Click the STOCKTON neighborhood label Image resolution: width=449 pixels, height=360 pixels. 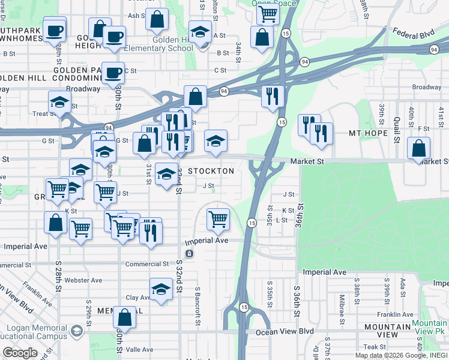pyautogui.click(x=211, y=171)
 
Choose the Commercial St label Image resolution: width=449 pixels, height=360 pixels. pyautogui.click(x=147, y=264)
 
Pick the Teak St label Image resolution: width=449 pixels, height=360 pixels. pyautogui.click(x=373, y=347)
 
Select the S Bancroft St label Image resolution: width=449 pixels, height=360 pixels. pyautogui.click(x=197, y=306)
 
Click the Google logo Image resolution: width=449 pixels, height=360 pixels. pyautogui.click(x=20, y=353)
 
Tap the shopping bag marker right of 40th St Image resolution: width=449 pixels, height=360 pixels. pyautogui.click(x=418, y=148)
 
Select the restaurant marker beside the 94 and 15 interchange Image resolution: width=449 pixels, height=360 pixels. pyautogui.click(x=273, y=95)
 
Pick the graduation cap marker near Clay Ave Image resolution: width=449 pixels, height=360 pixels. pyautogui.click(x=160, y=290)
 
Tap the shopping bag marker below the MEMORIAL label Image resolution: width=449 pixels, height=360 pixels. pyautogui.click(x=125, y=317)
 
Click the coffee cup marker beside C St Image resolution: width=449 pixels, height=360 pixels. pyautogui.click(x=113, y=73)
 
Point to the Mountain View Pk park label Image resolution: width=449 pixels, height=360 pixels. pyautogui.click(x=429, y=326)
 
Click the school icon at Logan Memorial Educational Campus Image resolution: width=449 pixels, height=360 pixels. pyautogui.click(x=77, y=331)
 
